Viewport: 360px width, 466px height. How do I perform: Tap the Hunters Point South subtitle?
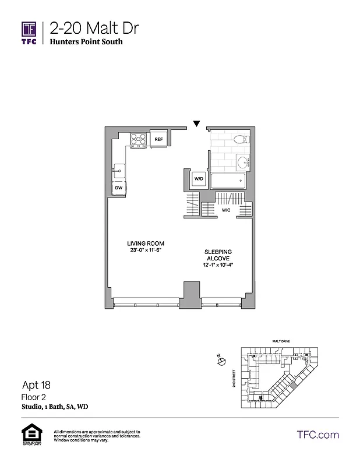click(86, 42)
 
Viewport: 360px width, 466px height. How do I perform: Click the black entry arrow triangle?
click(197, 123)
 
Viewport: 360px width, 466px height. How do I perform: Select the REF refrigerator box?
click(158, 139)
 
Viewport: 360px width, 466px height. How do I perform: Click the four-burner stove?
click(139, 139)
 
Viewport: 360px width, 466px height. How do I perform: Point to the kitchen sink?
click(118, 171)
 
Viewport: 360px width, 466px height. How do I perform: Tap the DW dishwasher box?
click(118, 188)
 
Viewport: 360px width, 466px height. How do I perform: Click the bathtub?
click(229, 181)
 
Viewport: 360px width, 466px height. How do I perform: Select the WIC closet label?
click(227, 210)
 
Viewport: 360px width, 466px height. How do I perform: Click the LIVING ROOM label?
click(146, 243)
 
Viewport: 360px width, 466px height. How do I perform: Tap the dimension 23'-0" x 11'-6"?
click(146, 250)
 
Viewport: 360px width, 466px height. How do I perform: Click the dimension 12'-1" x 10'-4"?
click(218, 266)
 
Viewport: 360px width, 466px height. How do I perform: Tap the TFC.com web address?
click(318, 435)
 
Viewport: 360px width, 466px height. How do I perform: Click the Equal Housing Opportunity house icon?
click(29, 435)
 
